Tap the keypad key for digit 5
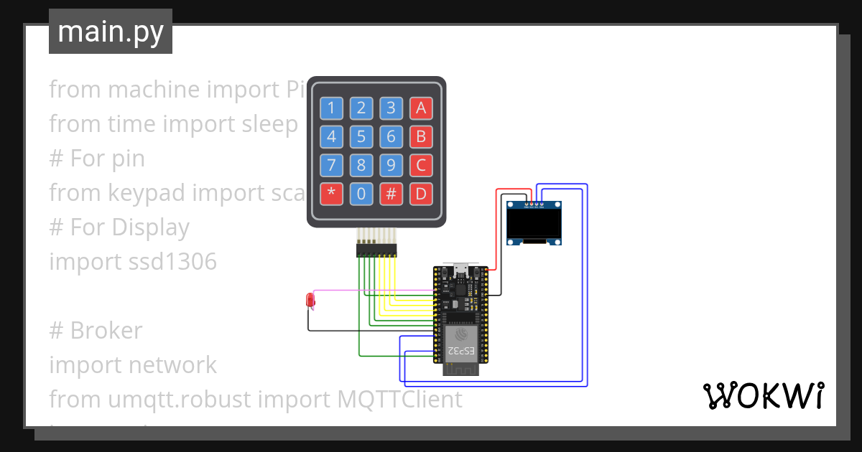(x=361, y=136)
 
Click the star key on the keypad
(x=331, y=194)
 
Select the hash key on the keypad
(x=391, y=194)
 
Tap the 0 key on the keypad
(x=361, y=194)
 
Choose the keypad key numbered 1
(x=331, y=108)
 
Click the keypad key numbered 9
(x=391, y=165)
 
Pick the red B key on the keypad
(x=421, y=136)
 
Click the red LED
(x=310, y=299)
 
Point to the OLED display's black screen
(x=534, y=223)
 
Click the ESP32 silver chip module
(x=460, y=343)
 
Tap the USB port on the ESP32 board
(x=460, y=271)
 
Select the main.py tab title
(x=111, y=32)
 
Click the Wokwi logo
(x=762, y=395)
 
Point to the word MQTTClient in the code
(x=400, y=399)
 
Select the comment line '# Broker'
(x=96, y=330)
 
